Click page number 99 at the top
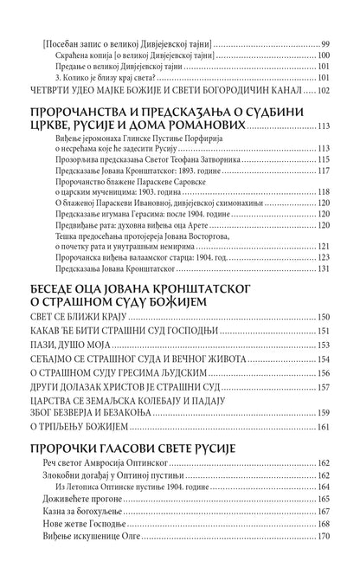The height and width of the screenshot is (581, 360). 325,42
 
